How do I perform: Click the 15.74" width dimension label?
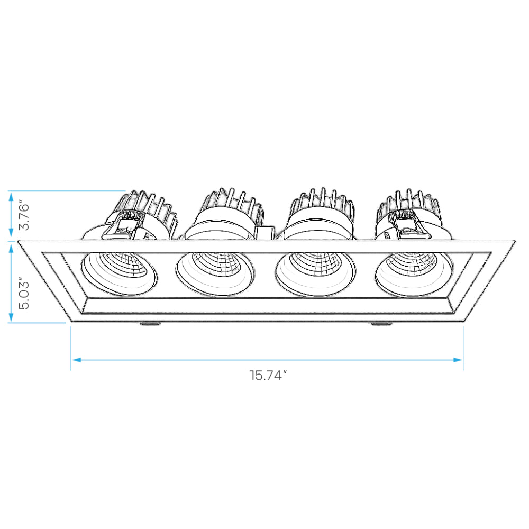268,375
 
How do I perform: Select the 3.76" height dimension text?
24,216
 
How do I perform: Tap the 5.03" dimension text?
24,294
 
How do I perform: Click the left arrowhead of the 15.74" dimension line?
77,360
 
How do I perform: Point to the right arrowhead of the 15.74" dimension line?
458,360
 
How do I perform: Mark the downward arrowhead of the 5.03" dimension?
11,317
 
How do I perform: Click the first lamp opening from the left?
119,273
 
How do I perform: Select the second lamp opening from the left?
215,274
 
